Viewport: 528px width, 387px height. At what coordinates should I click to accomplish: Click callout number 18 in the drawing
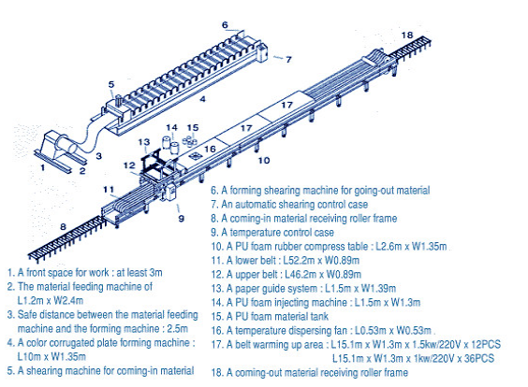click(x=405, y=36)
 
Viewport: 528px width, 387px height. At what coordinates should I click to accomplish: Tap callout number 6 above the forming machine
click(x=226, y=25)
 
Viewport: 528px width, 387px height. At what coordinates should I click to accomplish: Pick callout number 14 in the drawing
click(x=170, y=127)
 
